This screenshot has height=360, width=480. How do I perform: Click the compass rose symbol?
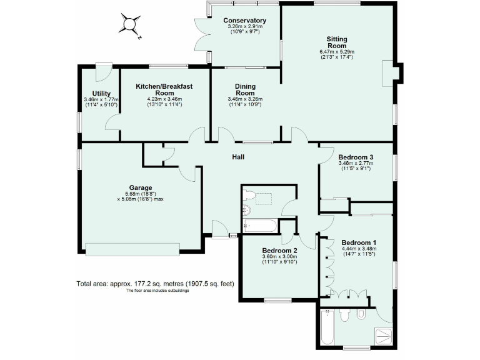(129, 26)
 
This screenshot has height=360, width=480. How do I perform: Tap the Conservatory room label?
(244, 21)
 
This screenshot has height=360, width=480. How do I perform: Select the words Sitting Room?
(337, 42)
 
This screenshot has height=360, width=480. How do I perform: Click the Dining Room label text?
(245, 89)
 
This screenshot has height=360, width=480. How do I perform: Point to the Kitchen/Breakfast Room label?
(164, 89)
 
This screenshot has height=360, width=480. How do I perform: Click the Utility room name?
(101, 93)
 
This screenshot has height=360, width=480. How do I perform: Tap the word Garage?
(141, 187)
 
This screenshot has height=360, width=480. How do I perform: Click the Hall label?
(238, 156)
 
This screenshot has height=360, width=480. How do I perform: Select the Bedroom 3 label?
(356, 157)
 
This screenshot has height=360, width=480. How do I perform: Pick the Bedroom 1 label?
(359, 242)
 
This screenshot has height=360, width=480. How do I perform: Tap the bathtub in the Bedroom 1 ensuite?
(327, 329)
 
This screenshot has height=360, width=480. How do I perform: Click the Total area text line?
(155, 283)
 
